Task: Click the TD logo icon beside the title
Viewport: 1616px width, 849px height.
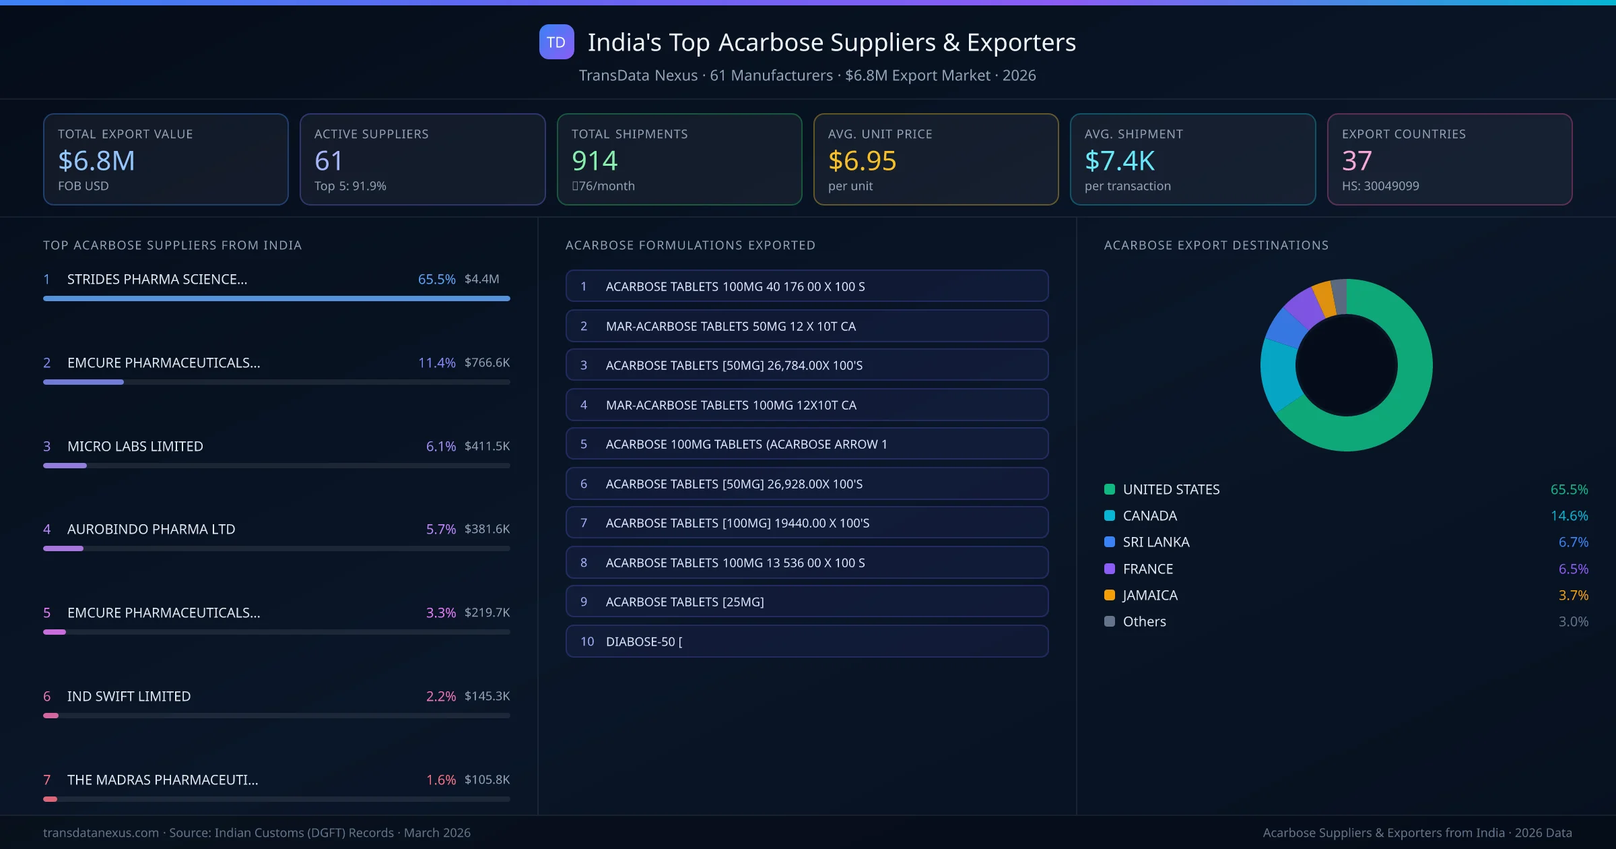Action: pyautogui.click(x=556, y=42)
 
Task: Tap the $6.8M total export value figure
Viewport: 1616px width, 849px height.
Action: pyautogui.click(x=96, y=160)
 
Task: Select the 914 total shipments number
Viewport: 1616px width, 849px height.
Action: pyautogui.click(x=594, y=160)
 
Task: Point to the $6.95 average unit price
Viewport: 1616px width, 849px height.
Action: pyautogui.click(x=862, y=160)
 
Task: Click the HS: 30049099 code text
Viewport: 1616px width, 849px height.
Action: pyautogui.click(x=1380, y=186)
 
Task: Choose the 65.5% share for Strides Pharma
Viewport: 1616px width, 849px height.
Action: pyautogui.click(x=436, y=279)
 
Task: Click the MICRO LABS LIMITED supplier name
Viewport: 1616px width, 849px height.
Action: pyautogui.click(x=135, y=446)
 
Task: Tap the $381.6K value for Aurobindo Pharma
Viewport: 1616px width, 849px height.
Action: pyautogui.click(x=487, y=529)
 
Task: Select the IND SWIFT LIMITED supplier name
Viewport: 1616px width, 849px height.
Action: pyautogui.click(x=129, y=696)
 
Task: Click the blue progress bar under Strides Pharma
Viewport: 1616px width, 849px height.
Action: pyautogui.click(x=276, y=298)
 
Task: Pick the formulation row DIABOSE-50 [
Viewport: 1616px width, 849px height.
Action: pyautogui.click(x=807, y=641)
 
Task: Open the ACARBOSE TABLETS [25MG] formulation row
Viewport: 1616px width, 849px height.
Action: pyautogui.click(x=807, y=602)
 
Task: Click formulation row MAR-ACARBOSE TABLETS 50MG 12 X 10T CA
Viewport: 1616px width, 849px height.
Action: pyautogui.click(x=807, y=326)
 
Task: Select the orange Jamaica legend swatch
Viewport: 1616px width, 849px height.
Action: pyautogui.click(x=1110, y=595)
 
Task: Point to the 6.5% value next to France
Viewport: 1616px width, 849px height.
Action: pyautogui.click(x=1573, y=569)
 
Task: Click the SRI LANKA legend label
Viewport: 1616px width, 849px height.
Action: pyautogui.click(x=1155, y=542)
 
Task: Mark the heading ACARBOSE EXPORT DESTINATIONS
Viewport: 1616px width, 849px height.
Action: pyautogui.click(x=1216, y=245)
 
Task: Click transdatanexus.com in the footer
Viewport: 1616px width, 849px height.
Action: pyautogui.click(x=101, y=833)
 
